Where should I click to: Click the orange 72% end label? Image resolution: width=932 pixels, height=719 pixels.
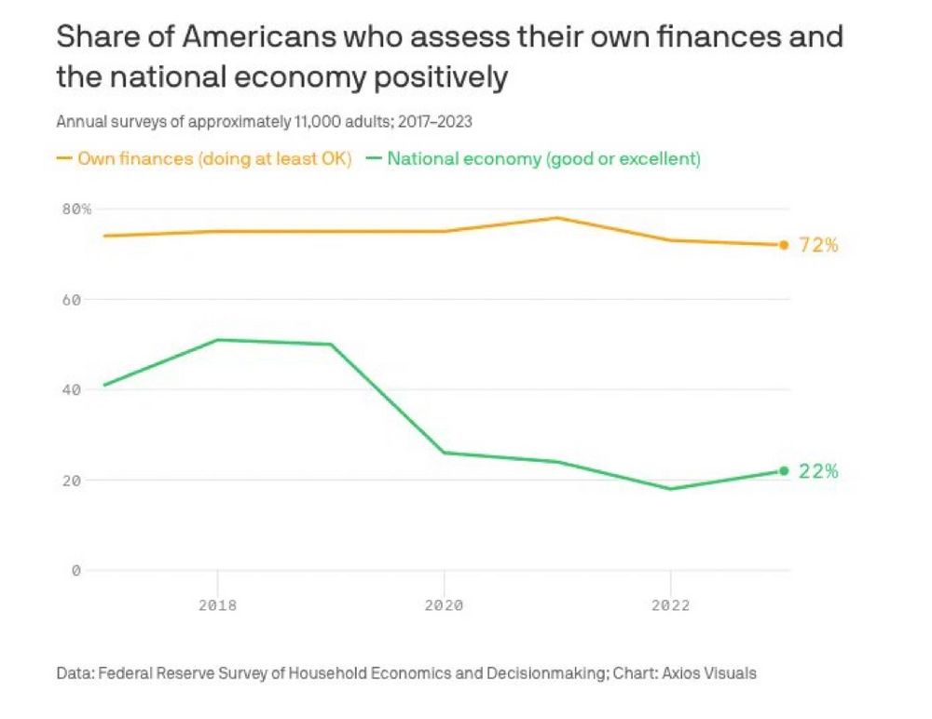click(819, 245)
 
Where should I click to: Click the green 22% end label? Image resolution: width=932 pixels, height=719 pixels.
click(819, 471)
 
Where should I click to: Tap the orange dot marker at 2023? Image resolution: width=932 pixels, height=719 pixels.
click(784, 245)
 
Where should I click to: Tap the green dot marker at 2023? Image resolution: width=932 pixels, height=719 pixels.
click(784, 471)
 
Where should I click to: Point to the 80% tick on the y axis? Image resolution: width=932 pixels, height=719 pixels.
click(76, 210)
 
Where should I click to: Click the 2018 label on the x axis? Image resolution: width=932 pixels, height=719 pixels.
click(217, 605)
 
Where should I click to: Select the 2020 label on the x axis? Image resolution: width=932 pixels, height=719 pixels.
click(444, 605)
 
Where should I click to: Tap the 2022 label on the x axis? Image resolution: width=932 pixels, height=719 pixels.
click(670, 605)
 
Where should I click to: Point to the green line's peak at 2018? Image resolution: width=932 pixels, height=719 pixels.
click(217, 340)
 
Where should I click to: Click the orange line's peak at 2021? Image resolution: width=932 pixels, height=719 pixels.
click(557, 218)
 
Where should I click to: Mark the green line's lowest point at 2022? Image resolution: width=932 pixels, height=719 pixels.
click(670, 489)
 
